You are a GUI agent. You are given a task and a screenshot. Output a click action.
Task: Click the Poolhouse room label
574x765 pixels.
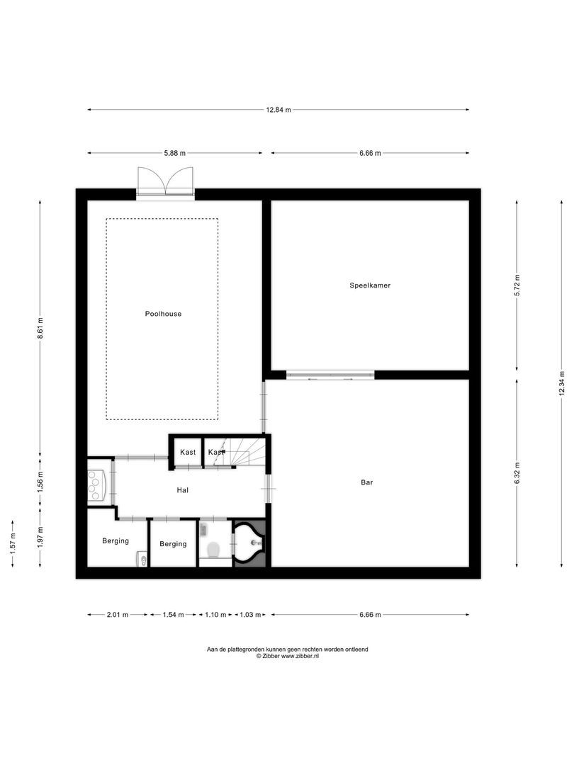point(164,314)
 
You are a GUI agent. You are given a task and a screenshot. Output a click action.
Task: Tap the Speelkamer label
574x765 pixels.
point(370,285)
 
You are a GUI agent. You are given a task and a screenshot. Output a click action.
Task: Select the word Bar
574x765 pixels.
point(366,482)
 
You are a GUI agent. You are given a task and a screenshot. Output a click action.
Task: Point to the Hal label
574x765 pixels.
point(183,490)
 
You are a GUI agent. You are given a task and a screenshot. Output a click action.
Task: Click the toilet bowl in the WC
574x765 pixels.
point(213,550)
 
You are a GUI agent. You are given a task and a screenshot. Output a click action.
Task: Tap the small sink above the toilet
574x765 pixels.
point(203,528)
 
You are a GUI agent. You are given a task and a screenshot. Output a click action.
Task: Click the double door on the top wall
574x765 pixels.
point(164,182)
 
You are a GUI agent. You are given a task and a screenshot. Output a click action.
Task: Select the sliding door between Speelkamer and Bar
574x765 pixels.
point(330,375)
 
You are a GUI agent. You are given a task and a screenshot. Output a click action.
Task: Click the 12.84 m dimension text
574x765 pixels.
point(278,110)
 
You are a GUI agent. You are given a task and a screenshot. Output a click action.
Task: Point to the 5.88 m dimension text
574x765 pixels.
point(174,153)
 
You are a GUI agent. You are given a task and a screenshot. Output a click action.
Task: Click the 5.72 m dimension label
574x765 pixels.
point(517,285)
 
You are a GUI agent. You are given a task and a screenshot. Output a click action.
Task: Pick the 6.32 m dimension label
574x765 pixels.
point(517,472)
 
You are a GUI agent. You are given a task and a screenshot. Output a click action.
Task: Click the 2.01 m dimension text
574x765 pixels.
point(117,615)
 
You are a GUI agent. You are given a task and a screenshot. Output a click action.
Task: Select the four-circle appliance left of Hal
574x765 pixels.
point(95,482)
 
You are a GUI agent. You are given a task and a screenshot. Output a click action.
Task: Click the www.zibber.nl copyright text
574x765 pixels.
point(288,657)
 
